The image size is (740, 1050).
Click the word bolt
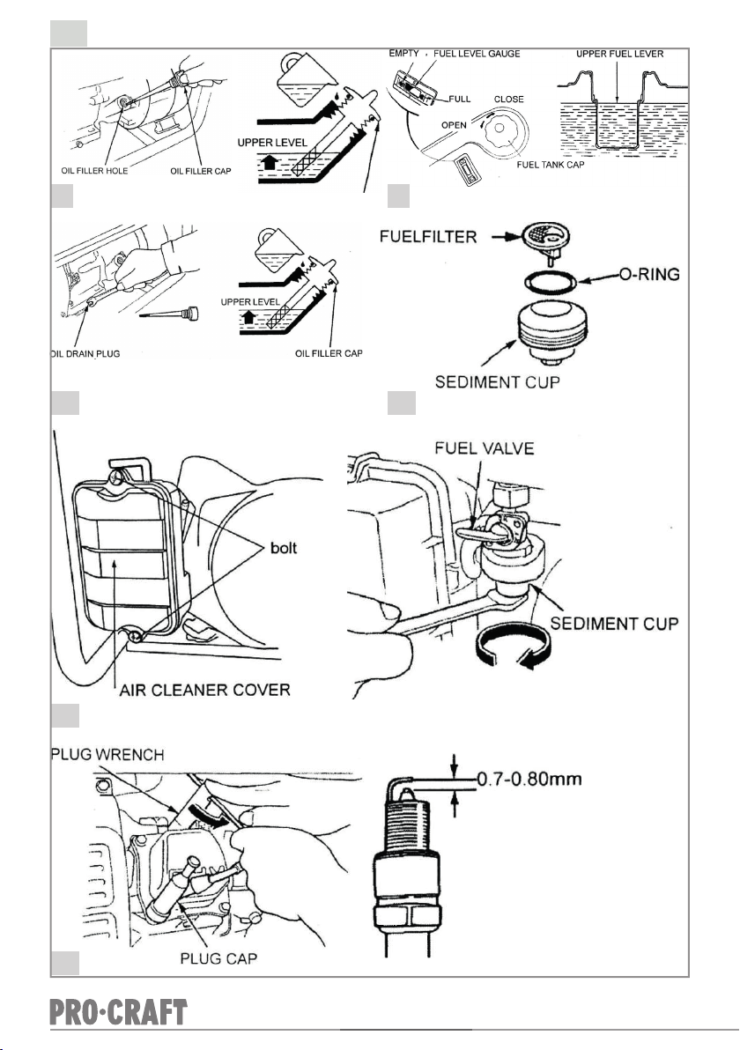coord(284,547)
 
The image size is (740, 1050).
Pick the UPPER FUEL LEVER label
coord(620,54)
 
